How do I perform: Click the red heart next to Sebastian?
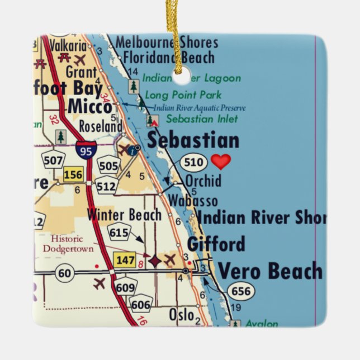[221, 162]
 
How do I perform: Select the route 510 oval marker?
[193, 163]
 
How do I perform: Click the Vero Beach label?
[270, 271]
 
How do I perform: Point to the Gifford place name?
[216, 244]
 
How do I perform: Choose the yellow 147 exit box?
[124, 259]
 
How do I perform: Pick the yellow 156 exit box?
[73, 175]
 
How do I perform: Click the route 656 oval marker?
[241, 291]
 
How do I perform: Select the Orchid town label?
[203, 181]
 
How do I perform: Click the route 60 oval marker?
[65, 272]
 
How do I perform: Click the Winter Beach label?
[124, 214]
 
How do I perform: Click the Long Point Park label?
[183, 95]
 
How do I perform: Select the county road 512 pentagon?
[106, 186]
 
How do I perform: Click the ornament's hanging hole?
[180, 77]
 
